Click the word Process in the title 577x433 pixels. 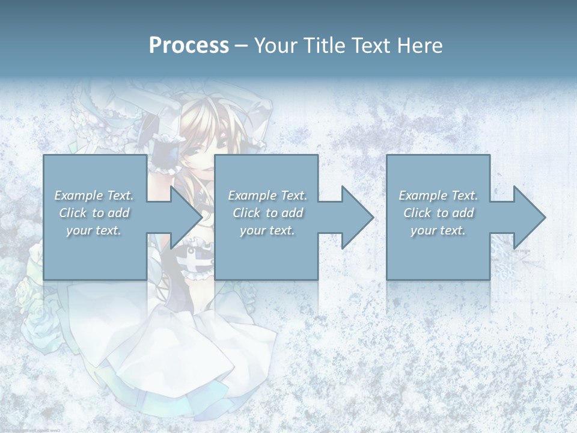coord(189,46)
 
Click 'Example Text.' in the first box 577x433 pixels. coord(94,195)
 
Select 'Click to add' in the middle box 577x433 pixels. coord(267,213)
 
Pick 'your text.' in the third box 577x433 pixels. coord(438,230)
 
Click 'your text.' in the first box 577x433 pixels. coord(94,230)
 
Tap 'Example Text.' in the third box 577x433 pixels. coord(438,195)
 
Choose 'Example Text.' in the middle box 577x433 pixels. coord(267,195)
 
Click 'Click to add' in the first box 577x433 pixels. coord(94,213)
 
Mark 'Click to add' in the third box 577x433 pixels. coord(438,213)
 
